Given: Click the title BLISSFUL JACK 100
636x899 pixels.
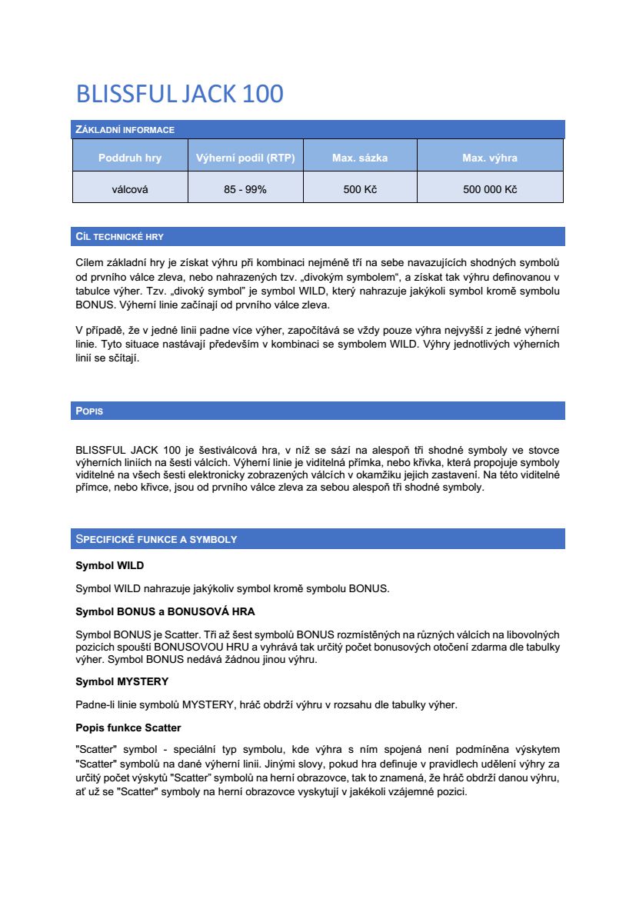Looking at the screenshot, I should [x=179, y=94].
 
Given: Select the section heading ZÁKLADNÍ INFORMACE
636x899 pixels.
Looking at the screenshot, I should [x=125, y=129].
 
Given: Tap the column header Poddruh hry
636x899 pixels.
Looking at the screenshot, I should [x=130, y=158].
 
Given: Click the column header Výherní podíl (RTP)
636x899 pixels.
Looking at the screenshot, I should [x=245, y=158].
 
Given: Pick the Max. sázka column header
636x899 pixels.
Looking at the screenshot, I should [x=360, y=158].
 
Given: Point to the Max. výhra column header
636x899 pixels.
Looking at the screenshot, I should [x=490, y=158].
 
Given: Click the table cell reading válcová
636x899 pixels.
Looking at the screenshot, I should [x=130, y=189].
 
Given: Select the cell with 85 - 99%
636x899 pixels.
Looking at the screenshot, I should [x=245, y=189].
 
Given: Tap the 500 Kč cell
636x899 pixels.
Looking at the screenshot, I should [x=360, y=189].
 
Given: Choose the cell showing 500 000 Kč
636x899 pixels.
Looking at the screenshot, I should [x=490, y=189].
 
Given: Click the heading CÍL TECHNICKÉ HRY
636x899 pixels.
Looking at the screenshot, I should [x=119, y=236].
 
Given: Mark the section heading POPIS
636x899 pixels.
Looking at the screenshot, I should [x=89, y=411].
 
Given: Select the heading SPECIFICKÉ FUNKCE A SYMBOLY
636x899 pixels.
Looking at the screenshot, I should [x=156, y=539].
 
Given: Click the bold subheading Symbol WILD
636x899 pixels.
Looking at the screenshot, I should [x=109, y=566].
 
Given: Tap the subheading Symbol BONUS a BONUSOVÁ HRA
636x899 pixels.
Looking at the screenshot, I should [x=165, y=611].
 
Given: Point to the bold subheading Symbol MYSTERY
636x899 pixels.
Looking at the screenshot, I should [x=122, y=681].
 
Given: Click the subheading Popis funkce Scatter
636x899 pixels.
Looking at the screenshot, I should [x=128, y=727].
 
